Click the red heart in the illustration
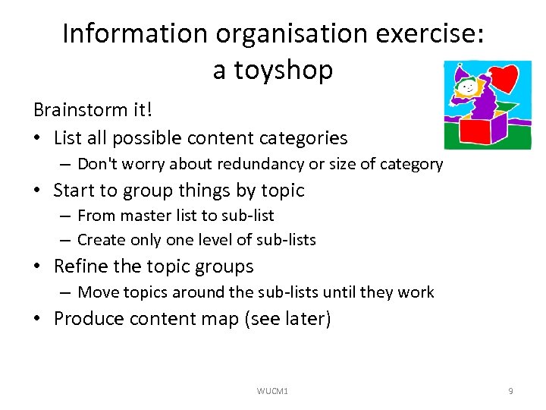coord(503,77)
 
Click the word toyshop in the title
coord(273,70)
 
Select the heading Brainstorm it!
coord(93,110)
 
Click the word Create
coord(100,240)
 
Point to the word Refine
coord(78,266)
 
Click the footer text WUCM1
coord(273,391)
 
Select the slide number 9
coord(510,391)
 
